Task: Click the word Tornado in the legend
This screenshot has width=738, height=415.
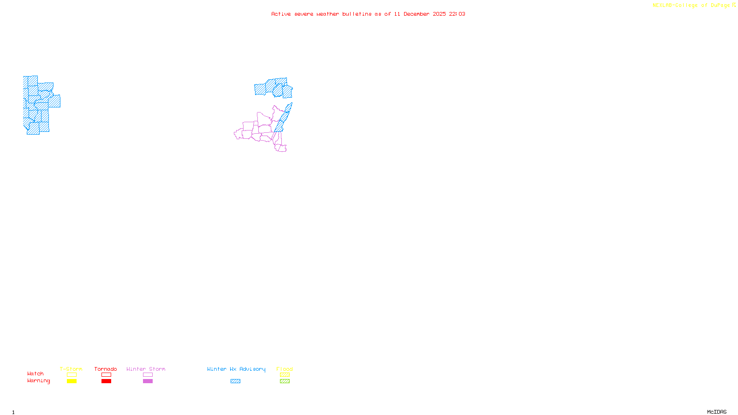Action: point(106,369)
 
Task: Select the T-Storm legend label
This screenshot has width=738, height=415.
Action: point(71,369)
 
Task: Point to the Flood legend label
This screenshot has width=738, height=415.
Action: point(285,369)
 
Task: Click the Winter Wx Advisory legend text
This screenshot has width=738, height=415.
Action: point(236,369)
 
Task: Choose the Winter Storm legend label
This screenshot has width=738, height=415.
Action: point(146,369)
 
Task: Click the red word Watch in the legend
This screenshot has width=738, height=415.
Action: point(36,373)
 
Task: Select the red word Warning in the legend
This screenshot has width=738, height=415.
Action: point(39,381)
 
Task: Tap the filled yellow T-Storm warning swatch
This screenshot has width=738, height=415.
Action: point(71,381)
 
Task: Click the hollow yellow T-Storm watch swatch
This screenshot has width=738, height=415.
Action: point(71,375)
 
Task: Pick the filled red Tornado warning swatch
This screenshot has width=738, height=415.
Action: point(106,381)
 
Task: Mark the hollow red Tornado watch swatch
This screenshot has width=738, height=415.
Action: point(106,375)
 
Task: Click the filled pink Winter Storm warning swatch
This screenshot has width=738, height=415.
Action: point(148,381)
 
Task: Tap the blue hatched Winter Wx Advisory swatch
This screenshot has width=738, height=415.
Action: point(235,381)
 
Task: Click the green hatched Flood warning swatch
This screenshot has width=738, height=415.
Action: point(285,381)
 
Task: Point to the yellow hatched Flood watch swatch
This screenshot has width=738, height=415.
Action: point(285,375)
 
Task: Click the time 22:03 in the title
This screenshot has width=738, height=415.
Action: point(457,14)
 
